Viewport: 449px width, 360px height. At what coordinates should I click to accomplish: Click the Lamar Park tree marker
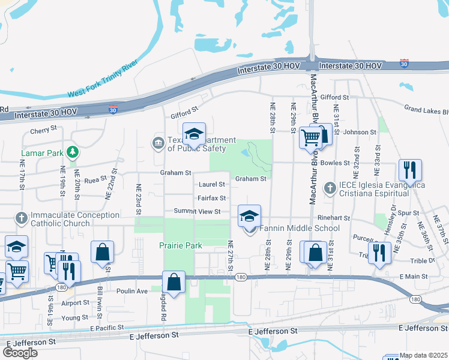[73, 152]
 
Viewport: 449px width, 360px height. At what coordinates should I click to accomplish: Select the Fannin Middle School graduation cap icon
[249, 217]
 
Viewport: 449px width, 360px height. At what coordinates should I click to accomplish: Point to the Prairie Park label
[181, 245]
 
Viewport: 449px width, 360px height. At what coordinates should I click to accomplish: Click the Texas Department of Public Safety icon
[157, 142]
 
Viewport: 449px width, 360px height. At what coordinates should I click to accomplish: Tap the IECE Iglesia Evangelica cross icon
[330, 188]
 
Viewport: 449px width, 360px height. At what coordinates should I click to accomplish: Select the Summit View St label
[197, 211]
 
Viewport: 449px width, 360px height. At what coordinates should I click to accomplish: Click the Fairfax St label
[212, 198]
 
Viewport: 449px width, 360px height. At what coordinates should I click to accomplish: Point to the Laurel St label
[212, 185]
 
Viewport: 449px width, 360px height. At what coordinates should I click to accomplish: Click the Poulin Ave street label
[133, 291]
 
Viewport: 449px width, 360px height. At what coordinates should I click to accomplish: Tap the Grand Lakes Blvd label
[426, 110]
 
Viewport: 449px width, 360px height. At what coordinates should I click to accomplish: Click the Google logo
[20, 353]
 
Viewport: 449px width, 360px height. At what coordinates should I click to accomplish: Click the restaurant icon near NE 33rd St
[409, 170]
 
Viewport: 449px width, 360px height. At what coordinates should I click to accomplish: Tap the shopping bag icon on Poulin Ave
[174, 282]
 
